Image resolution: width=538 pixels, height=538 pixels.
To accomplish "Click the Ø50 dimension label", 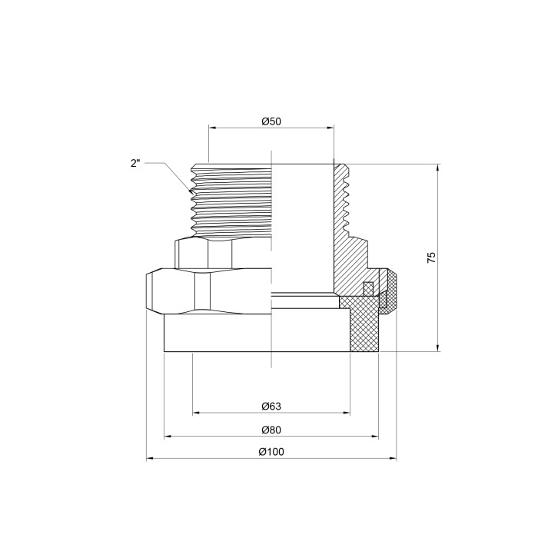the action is (x=271, y=121).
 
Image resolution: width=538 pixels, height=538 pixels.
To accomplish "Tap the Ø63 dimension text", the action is (x=271, y=407).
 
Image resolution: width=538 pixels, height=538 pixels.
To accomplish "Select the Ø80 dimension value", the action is (x=271, y=430).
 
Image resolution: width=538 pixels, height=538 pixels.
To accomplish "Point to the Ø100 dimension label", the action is (x=271, y=452).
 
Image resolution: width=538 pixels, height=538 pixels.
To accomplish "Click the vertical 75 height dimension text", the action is (x=431, y=257).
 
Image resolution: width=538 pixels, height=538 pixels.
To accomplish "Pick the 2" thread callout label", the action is (x=135, y=163).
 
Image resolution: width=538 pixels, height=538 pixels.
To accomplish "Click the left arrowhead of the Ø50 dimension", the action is (x=212, y=128).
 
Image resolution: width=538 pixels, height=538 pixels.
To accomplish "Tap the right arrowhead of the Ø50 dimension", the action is (x=330, y=128).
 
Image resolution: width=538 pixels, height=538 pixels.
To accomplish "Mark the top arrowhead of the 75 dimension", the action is (x=438, y=168).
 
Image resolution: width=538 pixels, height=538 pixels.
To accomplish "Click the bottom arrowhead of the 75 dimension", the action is (x=438, y=347).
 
